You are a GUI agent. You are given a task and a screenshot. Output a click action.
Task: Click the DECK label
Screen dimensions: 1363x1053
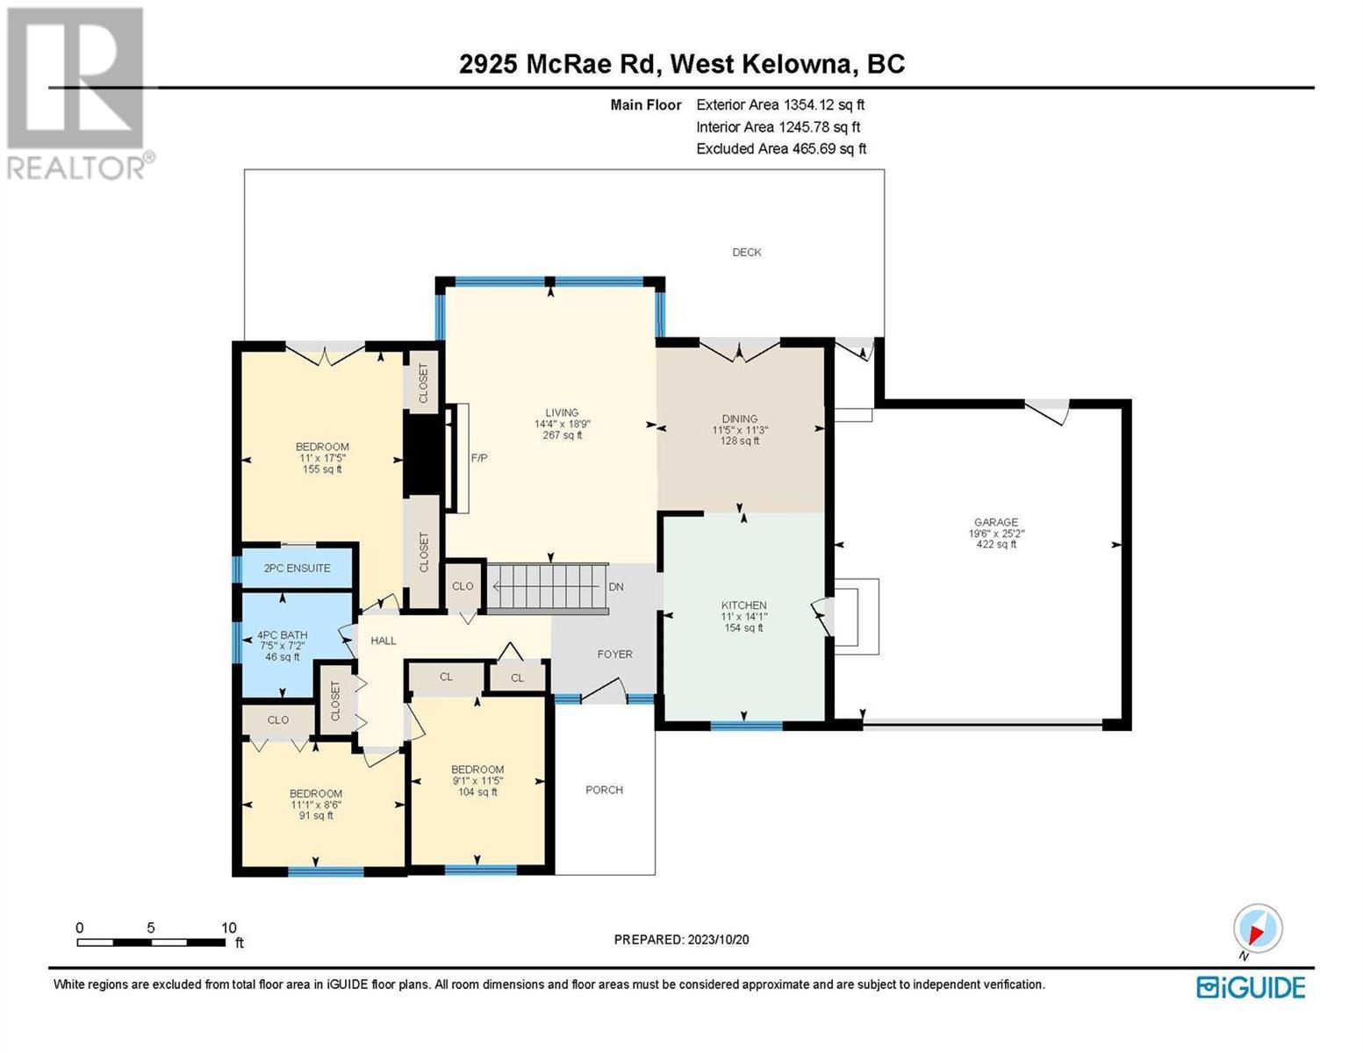click(746, 252)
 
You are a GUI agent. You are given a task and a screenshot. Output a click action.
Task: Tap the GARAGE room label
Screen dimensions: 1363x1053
click(995, 522)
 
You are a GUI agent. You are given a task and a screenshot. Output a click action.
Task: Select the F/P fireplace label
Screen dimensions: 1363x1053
click(479, 458)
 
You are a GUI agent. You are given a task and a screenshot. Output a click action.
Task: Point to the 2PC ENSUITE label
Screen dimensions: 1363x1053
click(297, 569)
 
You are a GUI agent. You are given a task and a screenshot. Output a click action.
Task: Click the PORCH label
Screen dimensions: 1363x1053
click(604, 790)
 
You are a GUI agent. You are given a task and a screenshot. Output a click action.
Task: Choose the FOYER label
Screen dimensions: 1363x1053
click(614, 654)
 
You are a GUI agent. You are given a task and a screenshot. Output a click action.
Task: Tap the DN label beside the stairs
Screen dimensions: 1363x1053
click(616, 587)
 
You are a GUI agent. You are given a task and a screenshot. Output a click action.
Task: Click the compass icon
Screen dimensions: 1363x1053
click(1257, 931)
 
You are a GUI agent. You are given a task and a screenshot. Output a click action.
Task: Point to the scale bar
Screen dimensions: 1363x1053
click(151, 942)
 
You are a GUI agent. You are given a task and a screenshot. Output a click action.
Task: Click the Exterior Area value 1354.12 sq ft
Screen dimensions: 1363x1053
click(823, 104)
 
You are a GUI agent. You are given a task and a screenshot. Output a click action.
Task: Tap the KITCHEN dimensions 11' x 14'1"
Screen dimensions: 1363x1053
click(744, 617)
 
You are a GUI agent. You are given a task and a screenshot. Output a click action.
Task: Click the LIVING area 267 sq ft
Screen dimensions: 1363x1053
click(562, 434)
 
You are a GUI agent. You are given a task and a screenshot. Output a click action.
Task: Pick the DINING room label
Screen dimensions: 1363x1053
click(740, 419)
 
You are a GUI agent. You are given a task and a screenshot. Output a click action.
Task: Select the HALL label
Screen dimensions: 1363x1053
click(384, 641)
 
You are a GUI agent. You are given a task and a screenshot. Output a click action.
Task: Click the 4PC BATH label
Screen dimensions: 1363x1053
click(283, 634)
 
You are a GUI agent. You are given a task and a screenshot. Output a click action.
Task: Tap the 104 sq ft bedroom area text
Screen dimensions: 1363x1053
click(477, 792)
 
